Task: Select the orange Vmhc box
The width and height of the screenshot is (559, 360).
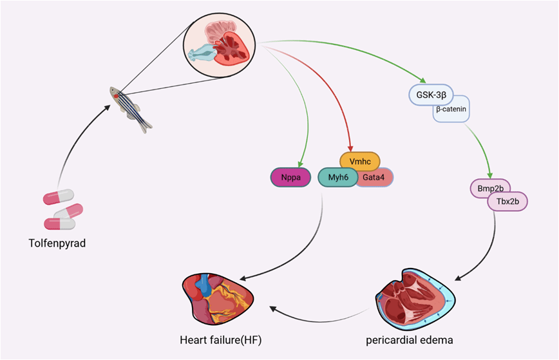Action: (x=359, y=160)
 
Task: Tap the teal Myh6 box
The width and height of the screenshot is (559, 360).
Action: (x=337, y=177)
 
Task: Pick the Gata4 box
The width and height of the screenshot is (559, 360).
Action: (x=376, y=177)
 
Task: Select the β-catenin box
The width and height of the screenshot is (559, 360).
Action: (x=451, y=110)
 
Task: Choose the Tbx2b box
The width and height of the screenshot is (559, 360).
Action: (x=507, y=202)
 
